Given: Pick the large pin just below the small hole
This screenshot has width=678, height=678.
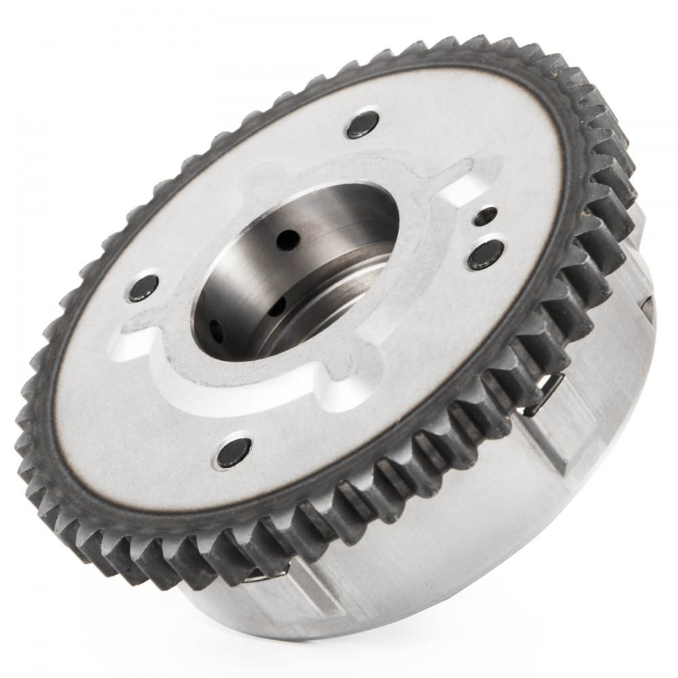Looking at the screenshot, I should point(487,251).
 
